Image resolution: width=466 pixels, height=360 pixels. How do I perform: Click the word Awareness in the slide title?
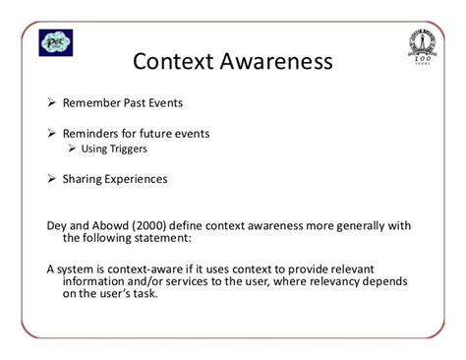click(x=281, y=65)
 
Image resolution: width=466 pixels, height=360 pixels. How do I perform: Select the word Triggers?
click(x=125, y=150)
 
